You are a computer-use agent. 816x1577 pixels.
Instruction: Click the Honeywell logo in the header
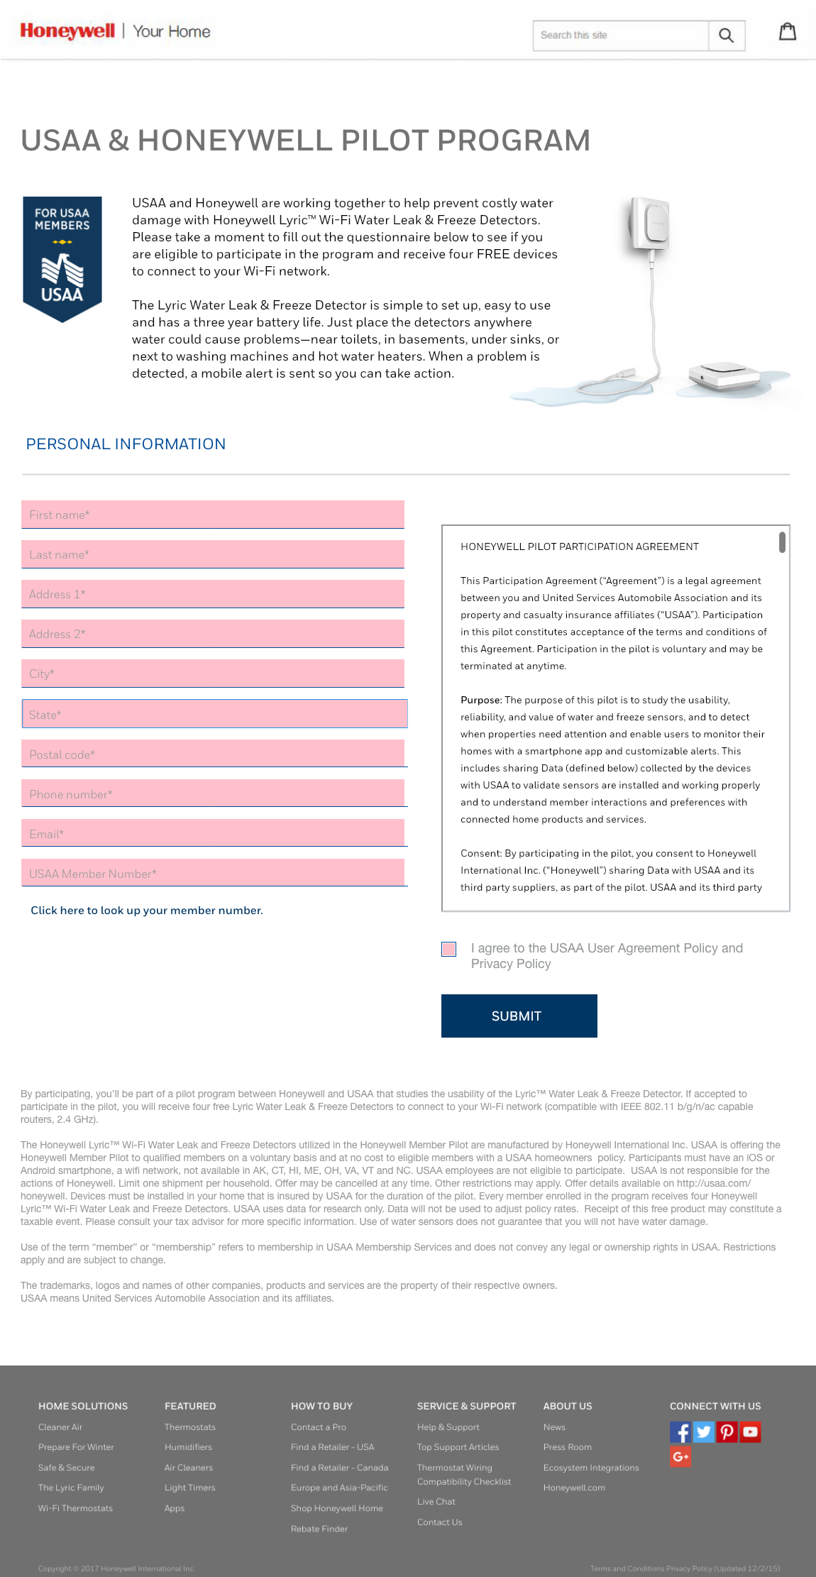(x=67, y=31)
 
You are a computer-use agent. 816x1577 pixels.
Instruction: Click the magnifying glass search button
(x=726, y=35)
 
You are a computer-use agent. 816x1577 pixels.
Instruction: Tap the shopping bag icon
(x=788, y=32)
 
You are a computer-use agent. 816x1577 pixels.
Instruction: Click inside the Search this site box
(x=620, y=35)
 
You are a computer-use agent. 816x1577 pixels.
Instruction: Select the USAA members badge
(x=62, y=258)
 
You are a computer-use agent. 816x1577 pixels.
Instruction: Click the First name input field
(x=213, y=515)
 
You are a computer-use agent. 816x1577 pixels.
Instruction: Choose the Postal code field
(x=213, y=754)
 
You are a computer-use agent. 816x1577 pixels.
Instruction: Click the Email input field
(x=213, y=833)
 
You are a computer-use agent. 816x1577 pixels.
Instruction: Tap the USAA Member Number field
(x=213, y=873)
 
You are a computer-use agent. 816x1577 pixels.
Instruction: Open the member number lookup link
(x=147, y=911)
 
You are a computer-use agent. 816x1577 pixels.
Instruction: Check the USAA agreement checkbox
(x=449, y=950)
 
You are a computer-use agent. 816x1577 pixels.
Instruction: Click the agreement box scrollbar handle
(x=782, y=542)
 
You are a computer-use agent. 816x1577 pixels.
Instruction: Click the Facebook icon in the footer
(x=680, y=1432)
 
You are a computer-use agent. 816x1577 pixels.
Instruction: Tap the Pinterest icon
(x=727, y=1432)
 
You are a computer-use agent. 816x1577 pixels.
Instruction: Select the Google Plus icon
(x=680, y=1457)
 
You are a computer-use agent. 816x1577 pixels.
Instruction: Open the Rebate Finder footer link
(x=319, y=1529)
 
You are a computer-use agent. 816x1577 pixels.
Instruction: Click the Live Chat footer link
(x=436, y=1502)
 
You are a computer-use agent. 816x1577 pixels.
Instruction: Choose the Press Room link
(x=568, y=1447)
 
